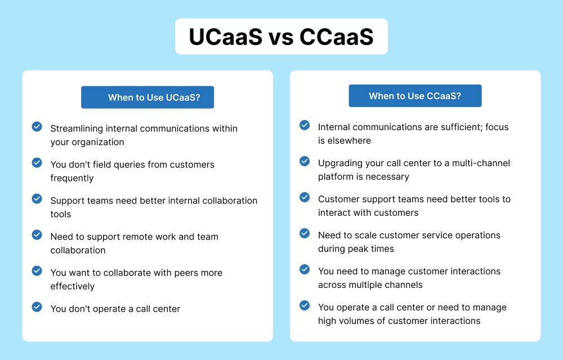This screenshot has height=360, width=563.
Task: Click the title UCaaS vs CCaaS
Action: [281, 37]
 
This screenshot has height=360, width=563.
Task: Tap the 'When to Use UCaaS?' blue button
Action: [148, 97]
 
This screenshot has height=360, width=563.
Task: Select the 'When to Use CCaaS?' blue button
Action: [415, 96]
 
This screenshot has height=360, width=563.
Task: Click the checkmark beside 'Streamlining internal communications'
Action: [37, 127]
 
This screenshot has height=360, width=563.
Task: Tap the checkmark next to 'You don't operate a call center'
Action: [37, 307]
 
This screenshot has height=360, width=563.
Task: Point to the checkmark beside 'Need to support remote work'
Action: [37, 235]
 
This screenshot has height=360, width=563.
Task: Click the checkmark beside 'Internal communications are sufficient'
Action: [305, 125]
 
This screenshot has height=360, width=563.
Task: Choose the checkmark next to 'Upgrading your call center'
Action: [305, 161]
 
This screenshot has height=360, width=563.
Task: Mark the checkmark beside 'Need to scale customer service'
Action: [305, 233]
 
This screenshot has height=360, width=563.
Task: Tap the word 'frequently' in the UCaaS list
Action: [72, 178]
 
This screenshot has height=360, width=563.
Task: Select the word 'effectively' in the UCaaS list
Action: [73, 286]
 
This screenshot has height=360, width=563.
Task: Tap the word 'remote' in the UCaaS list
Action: [130, 237]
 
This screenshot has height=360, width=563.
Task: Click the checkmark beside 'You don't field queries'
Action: [37, 163]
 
